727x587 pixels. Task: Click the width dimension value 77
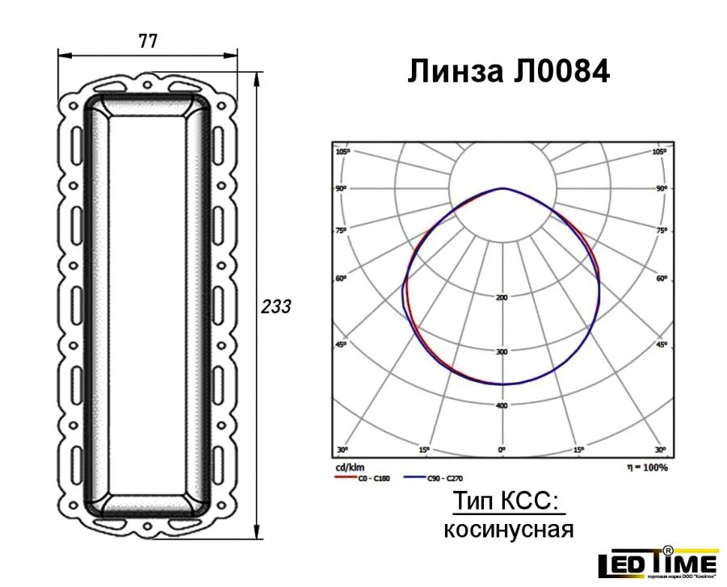coord(148,42)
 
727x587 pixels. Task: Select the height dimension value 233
coord(275,308)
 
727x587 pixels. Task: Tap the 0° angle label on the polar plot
coord(502,449)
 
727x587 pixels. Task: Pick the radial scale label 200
coord(502,298)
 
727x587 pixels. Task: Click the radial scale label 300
coord(502,352)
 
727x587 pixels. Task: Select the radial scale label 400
coord(502,405)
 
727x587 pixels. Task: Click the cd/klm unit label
coord(347,468)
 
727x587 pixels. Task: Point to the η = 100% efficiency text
coord(646,468)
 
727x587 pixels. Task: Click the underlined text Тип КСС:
coord(506,501)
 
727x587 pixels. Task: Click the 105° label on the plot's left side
coord(342,152)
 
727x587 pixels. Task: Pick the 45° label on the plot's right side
coord(662,345)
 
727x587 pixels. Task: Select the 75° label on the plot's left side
coord(342,231)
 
